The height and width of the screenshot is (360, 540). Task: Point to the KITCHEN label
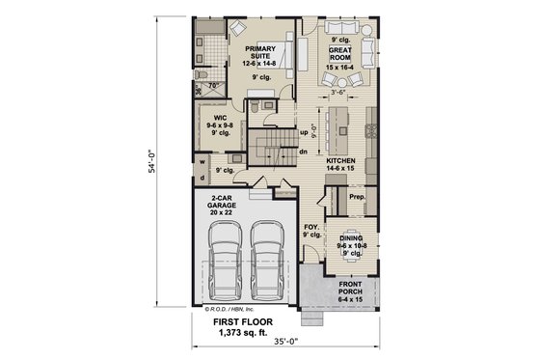click(341, 162)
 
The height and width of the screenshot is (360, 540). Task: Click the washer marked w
click(203, 162)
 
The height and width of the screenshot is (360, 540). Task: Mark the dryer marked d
click(203, 178)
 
